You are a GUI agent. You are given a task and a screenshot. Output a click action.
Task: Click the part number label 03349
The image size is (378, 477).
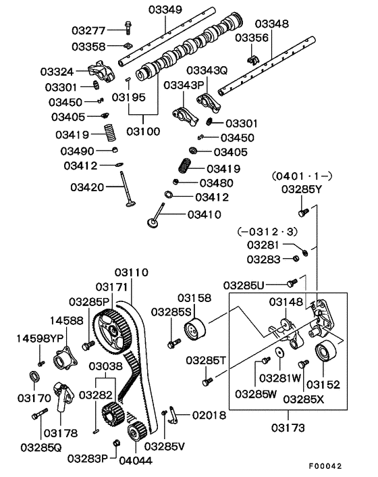(x=164, y=9)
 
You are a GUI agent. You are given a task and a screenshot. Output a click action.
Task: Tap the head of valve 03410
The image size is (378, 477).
(x=155, y=221)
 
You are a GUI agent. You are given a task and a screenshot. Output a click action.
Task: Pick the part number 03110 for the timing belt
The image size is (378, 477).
(x=131, y=273)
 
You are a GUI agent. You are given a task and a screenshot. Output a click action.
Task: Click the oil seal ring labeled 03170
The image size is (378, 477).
(x=34, y=376)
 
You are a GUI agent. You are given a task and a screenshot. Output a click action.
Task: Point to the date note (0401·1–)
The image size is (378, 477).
(x=302, y=176)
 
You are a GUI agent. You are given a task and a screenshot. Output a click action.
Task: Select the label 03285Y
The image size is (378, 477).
(x=302, y=189)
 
